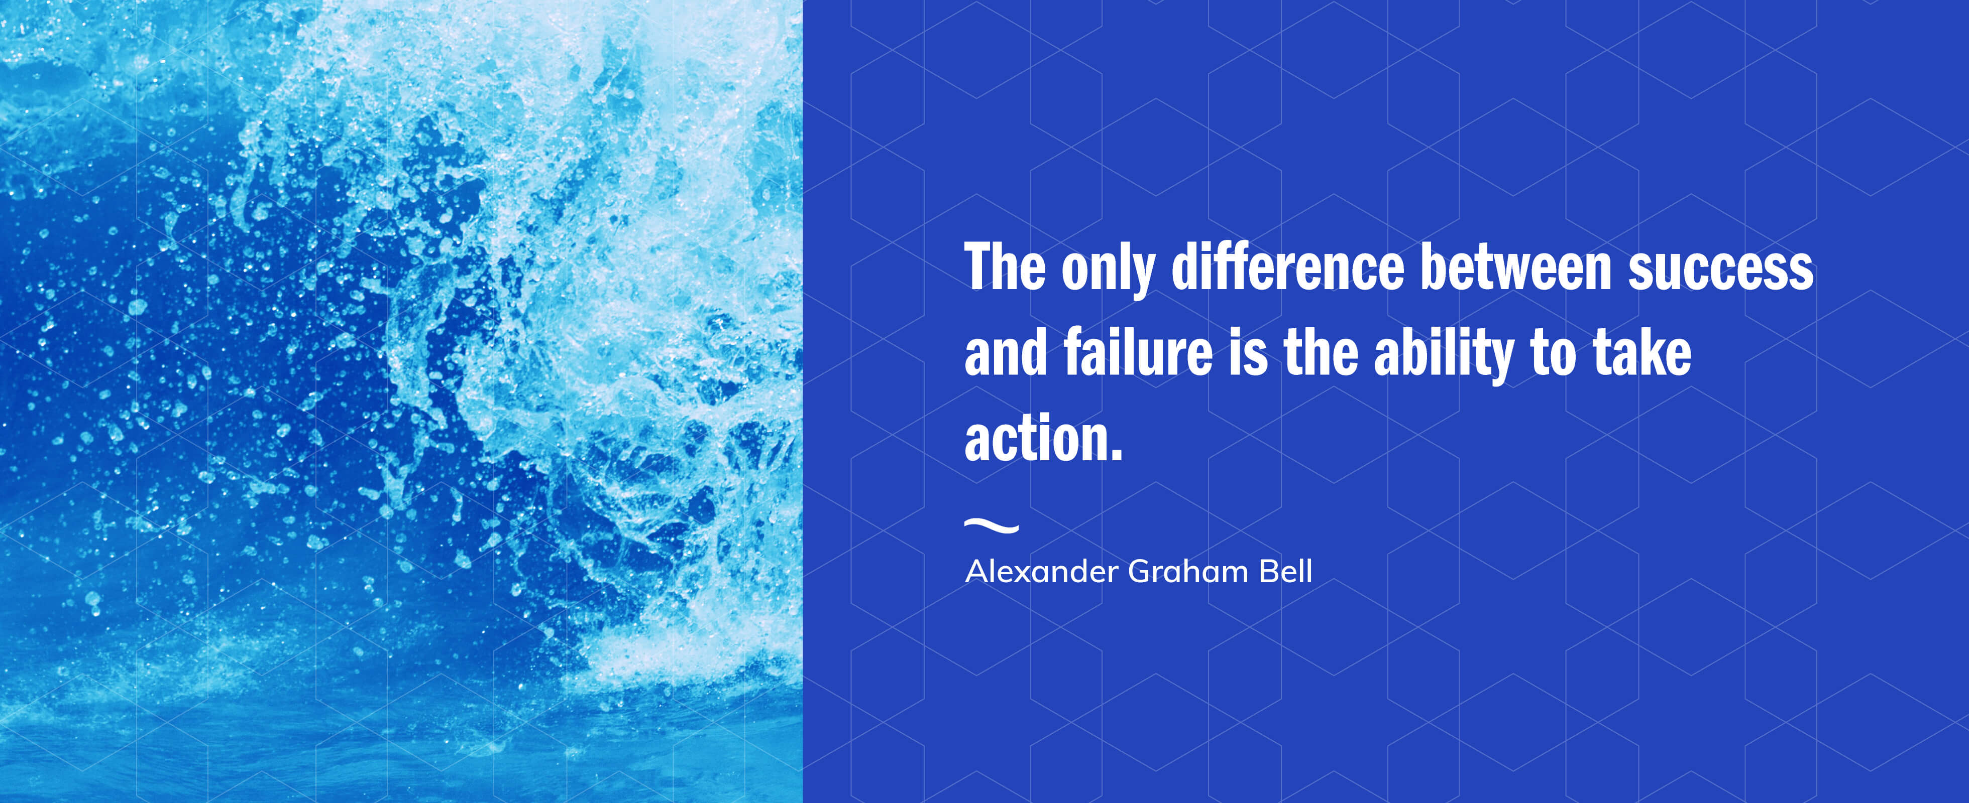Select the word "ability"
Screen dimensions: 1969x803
coord(1444,356)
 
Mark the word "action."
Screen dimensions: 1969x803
coord(1043,437)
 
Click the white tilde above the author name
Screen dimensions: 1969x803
coord(992,525)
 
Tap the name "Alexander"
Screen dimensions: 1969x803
coord(1042,572)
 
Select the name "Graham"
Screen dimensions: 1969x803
coord(1188,572)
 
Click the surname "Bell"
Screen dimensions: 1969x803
coord(1286,572)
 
